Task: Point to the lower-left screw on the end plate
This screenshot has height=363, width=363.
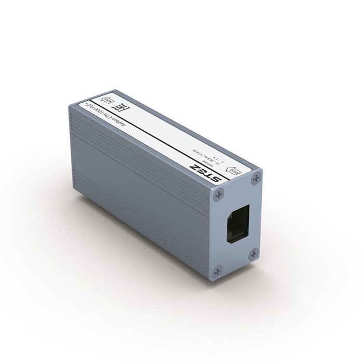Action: pos(218,269)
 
